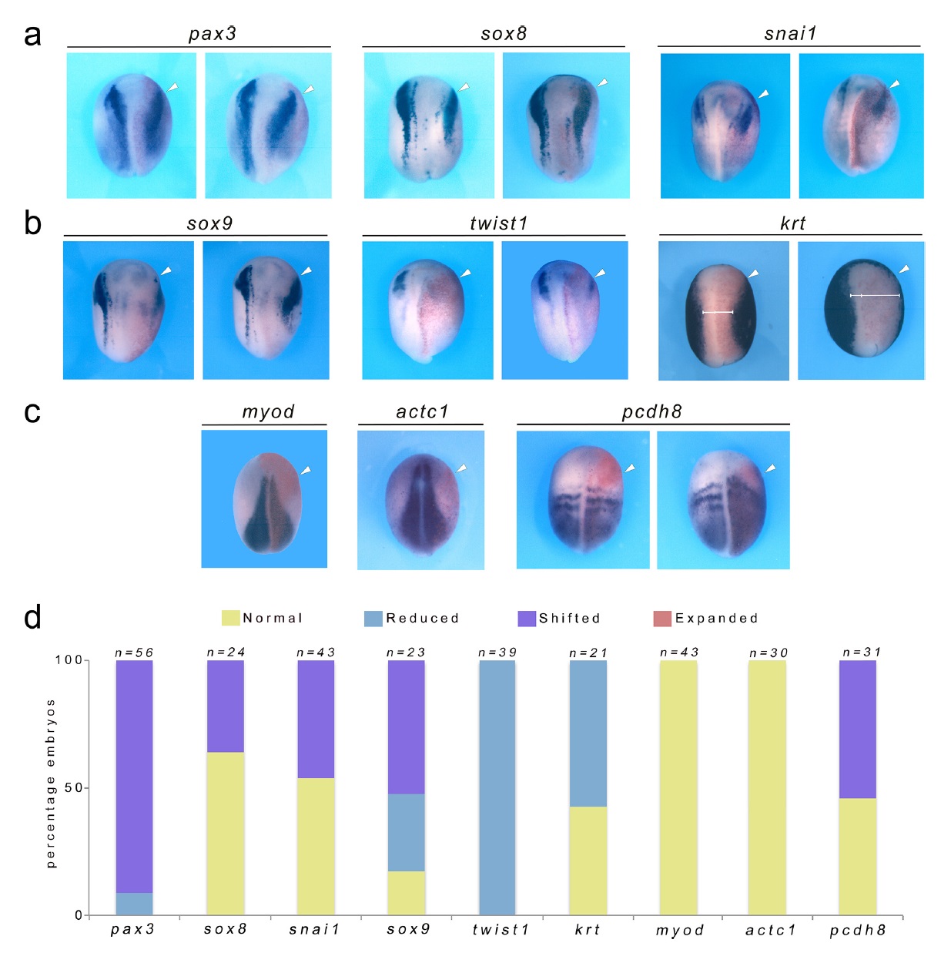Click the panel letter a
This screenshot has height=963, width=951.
click(32, 35)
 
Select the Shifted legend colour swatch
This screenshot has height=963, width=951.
click(527, 619)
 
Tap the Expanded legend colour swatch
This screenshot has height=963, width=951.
click(662, 619)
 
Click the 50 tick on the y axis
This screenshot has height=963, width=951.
click(73, 788)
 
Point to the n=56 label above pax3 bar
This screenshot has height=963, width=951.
click(134, 653)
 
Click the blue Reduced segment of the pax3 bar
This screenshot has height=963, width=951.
click(134, 904)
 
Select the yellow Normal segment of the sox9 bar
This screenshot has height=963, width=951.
click(406, 893)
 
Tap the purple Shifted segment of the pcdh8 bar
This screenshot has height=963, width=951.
click(857, 729)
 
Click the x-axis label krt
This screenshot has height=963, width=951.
click(588, 930)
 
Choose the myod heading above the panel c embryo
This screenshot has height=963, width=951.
click(268, 411)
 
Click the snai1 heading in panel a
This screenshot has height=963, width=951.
click(790, 34)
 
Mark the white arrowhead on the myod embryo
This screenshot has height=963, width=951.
click(306, 470)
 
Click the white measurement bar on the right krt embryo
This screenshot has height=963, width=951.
click(875, 295)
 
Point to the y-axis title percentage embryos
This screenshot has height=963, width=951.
click(51, 783)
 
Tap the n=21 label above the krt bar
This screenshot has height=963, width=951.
click(588, 653)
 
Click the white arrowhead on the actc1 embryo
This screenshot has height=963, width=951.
click(462, 468)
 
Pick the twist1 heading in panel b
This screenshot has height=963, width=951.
click(498, 223)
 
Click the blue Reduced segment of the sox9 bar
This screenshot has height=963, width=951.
click(406, 832)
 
